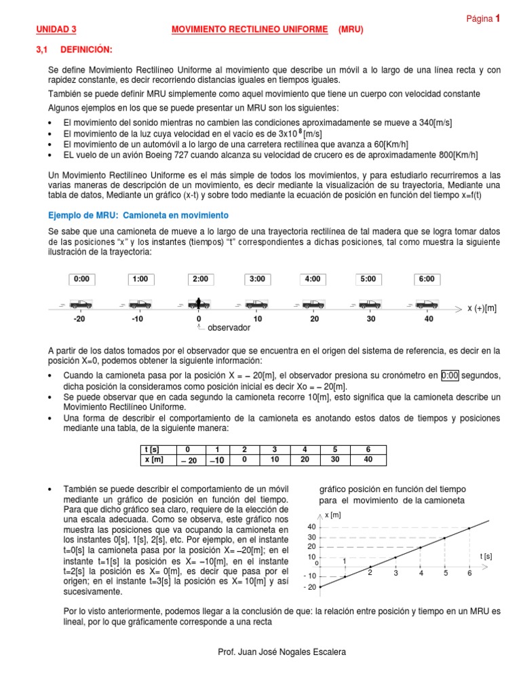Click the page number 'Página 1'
(x=483, y=19)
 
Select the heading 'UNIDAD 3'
(x=56, y=30)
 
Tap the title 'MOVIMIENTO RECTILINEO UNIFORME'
(x=248, y=30)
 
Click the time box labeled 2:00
(x=200, y=279)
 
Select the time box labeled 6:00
(x=427, y=279)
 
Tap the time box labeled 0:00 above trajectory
(x=81, y=279)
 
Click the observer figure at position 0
(x=199, y=303)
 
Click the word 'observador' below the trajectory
(x=229, y=328)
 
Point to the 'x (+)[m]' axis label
(x=482, y=308)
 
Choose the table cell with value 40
(x=368, y=459)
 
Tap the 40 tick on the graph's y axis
(x=311, y=527)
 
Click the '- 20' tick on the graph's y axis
(x=309, y=587)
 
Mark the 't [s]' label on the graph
(x=486, y=556)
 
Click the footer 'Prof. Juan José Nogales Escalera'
(x=282, y=652)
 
